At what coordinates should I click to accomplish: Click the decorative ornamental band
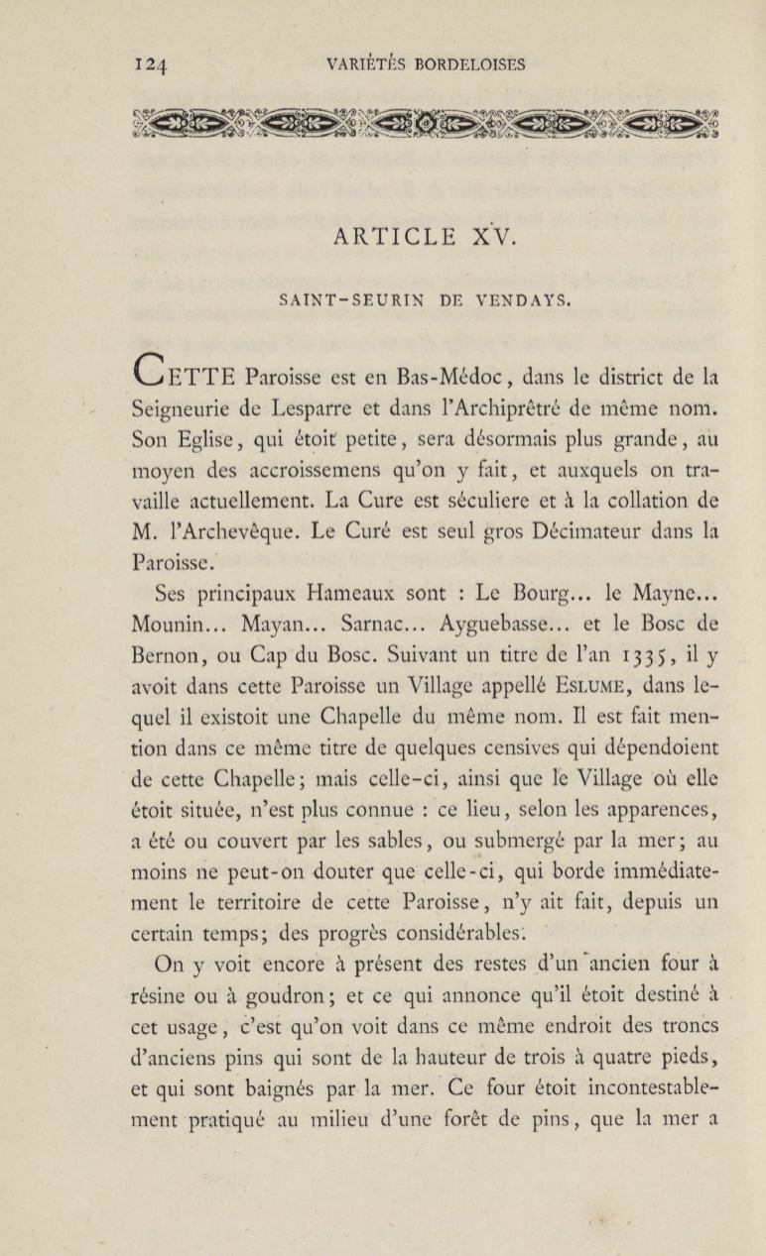point(425,124)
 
